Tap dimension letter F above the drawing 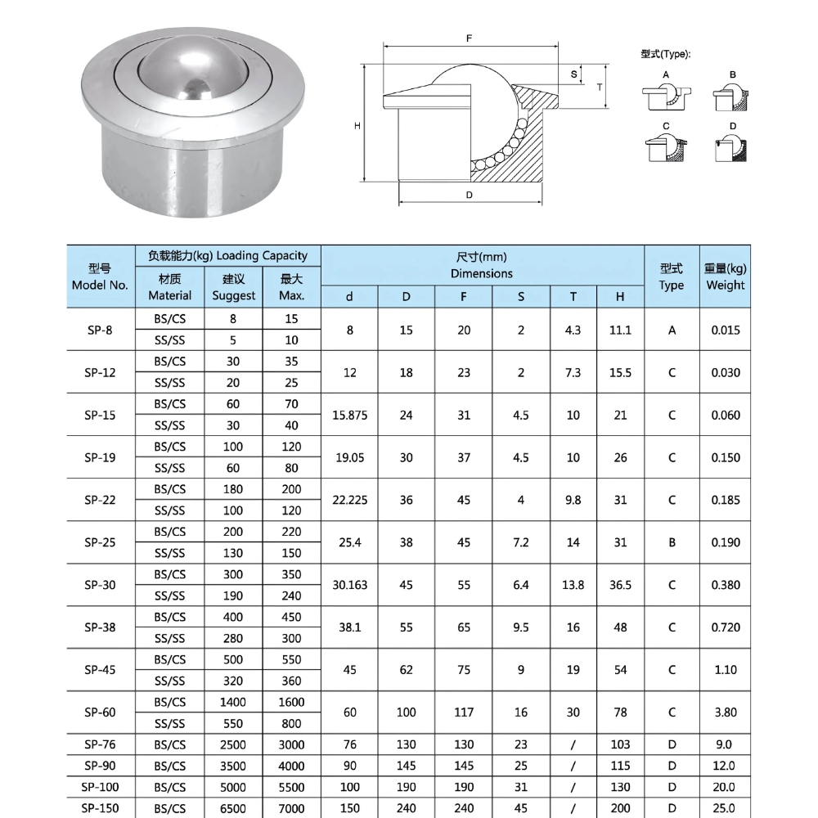point(470,38)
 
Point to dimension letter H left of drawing point(357,125)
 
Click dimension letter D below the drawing point(470,195)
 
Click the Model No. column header point(100,277)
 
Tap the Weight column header point(725,277)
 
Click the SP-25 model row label point(100,542)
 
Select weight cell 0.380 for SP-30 point(725,585)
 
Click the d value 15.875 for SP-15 point(349,415)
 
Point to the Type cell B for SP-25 point(672,542)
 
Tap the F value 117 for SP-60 point(464,712)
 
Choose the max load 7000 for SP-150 point(291,808)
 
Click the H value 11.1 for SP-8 point(620,330)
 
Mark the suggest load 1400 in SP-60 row point(233,702)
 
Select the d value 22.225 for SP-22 point(349,500)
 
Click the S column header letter point(521,297)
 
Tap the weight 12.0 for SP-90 point(725,766)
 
